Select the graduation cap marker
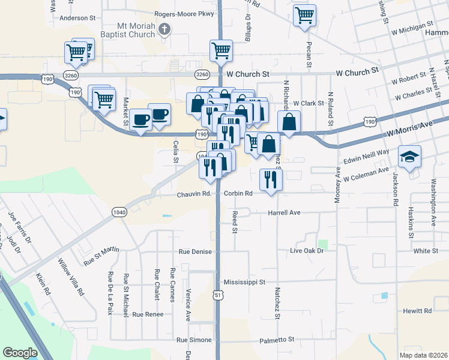(411, 157)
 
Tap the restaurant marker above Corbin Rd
(271, 178)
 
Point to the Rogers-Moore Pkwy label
(176, 13)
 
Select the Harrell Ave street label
(284, 212)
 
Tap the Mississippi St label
(244, 282)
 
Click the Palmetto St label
(277, 340)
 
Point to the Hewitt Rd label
(418, 311)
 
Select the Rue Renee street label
(148, 314)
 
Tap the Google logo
(20, 353)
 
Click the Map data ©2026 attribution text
(423, 355)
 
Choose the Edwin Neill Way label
(366, 157)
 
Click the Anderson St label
(78, 18)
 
